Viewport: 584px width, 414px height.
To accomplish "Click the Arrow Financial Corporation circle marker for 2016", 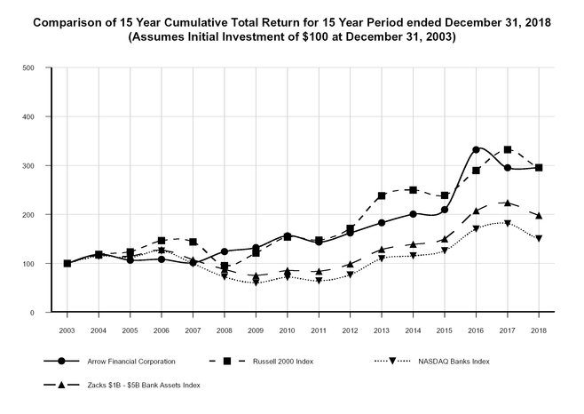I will click(x=476, y=149).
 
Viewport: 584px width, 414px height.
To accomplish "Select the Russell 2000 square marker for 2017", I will click(x=508, y=150).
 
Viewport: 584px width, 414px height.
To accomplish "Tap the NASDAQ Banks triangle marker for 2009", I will click(x=256, y=282).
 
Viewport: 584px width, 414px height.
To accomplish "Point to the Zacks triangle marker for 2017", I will click(x=508, y=203).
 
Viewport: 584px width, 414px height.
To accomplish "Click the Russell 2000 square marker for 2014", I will click(x=413, y=190).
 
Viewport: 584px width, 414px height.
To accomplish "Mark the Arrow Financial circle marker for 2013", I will click(x=382, y=223).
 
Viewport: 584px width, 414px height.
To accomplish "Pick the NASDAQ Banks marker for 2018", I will click(x=539, y=238).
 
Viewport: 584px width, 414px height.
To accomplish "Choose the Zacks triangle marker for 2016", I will click(x=476, y=211).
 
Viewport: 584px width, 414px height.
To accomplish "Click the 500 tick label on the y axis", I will click(x=28, y=68).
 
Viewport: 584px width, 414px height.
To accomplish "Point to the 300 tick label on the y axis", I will click(x=28, y=166).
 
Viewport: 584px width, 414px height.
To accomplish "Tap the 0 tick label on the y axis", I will click(x=32, y=313).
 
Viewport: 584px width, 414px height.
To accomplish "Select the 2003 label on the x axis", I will click(x=67, y=329).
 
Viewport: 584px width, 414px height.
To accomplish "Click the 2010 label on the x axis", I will click(x=287, y=329).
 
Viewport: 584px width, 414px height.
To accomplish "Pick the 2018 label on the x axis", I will click(x=539, y=329).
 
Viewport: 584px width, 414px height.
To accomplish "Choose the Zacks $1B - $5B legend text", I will click(x=143, y=385).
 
